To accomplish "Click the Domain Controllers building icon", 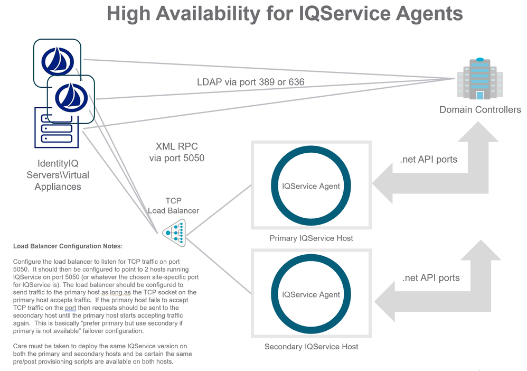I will click(x=479, y=79).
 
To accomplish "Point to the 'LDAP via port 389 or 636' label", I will click(x=250, y=82).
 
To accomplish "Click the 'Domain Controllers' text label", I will click(x=480, y=110).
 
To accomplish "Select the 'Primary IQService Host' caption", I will click(x=311, y=238).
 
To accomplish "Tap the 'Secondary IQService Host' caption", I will click(x=311, y=347).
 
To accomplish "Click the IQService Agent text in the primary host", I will click(x=311, y=186).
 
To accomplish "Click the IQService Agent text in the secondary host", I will click(x=311, y=294).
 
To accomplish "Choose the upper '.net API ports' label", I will click(x=429, y=160).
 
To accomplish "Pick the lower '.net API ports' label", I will click(x=431, y=277).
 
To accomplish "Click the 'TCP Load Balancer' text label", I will click(x=173, y=205).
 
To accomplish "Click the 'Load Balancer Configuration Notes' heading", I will click(x=68, y=246).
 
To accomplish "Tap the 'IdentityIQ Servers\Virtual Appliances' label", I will click(x=58, y=175).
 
